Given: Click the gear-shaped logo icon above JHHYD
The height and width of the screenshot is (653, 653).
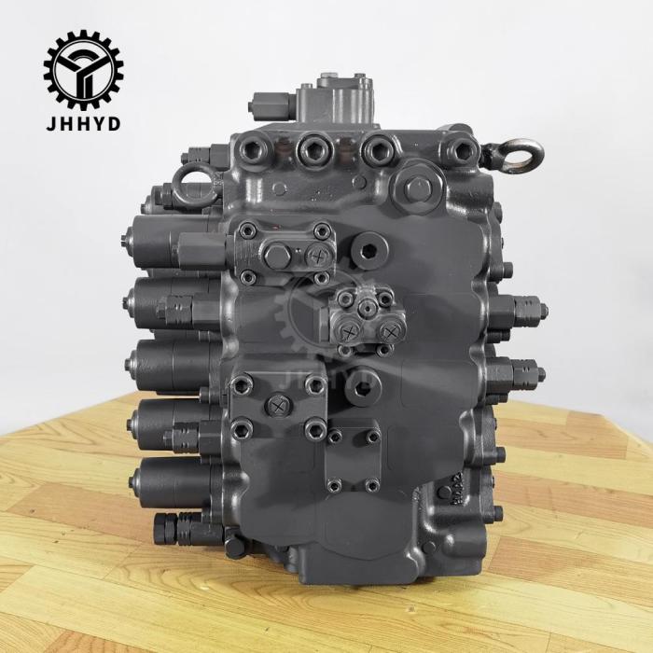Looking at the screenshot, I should click(83, 69).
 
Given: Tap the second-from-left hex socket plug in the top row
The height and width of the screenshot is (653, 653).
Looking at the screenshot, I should click(310, 146).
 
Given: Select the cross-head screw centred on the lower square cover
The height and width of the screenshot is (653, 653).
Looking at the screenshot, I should click(277, 406).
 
